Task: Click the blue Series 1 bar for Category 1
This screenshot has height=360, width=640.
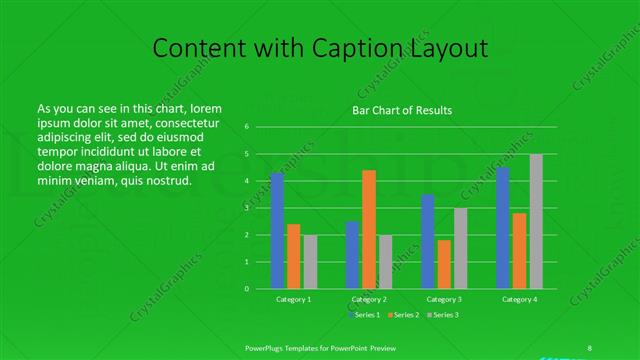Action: coord(277,230)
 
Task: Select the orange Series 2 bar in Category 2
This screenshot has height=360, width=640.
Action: coord(369,229)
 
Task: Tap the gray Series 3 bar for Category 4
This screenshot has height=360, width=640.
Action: coord(536,221)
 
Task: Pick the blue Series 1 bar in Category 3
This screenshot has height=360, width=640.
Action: coord(428,241)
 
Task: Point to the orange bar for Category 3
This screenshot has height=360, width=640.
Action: coord(444,264)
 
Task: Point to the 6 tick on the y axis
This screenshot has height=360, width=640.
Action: coord(246,127)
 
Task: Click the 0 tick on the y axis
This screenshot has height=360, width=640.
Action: coord(246,288)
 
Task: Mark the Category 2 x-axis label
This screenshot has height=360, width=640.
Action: coord(369,299)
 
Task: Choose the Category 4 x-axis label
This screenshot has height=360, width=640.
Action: coord(519,299)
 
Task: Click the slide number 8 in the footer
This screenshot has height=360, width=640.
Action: coord(590,347)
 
